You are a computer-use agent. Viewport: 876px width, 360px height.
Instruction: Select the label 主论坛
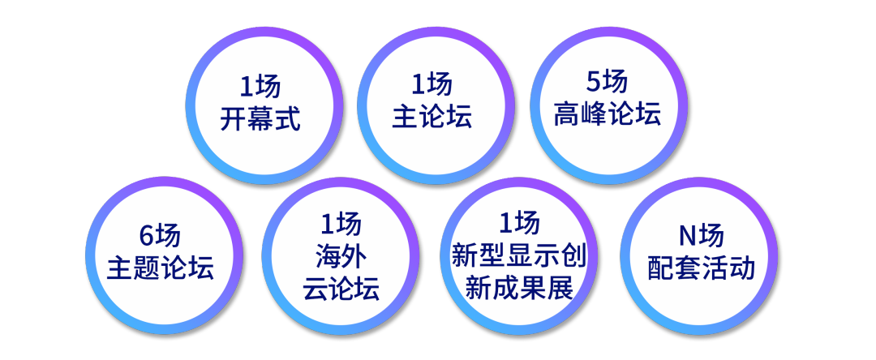click(432, 118)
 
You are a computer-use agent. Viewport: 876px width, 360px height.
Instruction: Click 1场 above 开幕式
click(260, 87)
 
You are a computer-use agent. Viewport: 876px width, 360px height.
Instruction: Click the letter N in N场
click(688, 238)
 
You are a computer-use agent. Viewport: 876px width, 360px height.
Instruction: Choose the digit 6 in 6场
click(147, 237)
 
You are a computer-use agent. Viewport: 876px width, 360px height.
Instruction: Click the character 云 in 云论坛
click(316, 289)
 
